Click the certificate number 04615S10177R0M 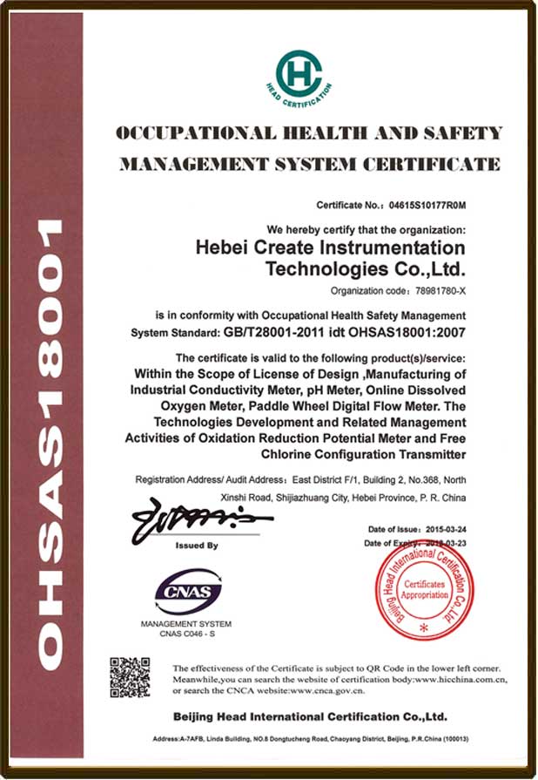[x=427, y=206]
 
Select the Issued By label [x=197, y=546]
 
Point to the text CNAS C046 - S [x=186, y=634]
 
